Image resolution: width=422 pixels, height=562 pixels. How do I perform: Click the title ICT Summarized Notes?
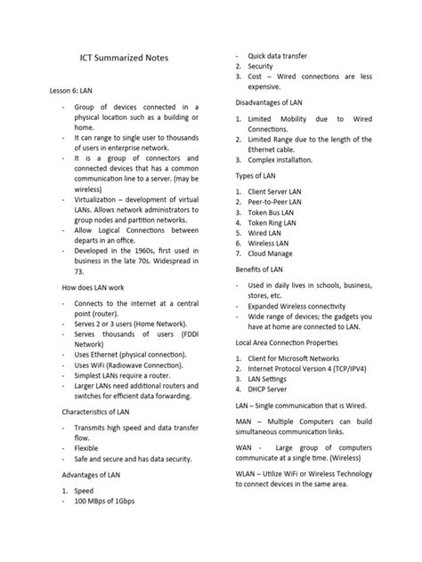point(124,58)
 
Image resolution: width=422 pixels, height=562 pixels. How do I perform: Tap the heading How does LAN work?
point(86,287)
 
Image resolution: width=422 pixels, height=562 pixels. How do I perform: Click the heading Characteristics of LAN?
point(94,412)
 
